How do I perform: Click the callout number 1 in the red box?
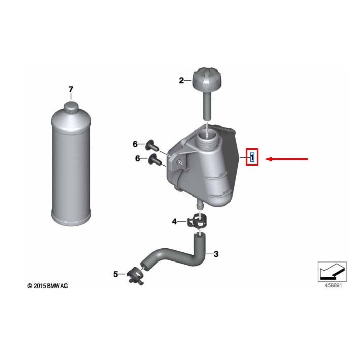252,157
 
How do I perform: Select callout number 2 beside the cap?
181,80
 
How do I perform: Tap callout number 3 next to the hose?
216,254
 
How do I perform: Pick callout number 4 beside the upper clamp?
175,221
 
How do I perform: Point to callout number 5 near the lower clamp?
116,274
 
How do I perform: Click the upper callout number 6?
135,144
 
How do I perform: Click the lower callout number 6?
137,158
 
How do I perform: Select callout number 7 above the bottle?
71,89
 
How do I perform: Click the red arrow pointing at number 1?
286,159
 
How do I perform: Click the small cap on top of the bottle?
71,107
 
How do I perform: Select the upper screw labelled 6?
152,145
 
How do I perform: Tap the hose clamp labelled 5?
135,276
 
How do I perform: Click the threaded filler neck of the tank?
207,138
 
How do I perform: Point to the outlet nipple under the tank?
199,204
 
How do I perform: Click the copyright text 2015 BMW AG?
48,286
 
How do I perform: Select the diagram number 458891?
333,285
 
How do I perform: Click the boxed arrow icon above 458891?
332,272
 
